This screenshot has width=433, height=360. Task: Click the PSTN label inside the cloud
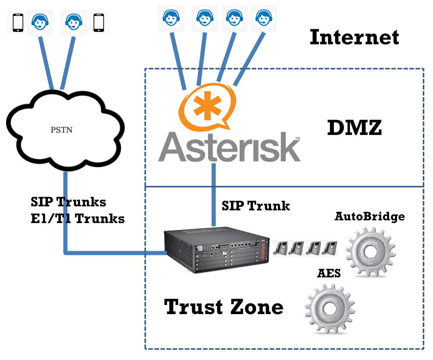(61, 130)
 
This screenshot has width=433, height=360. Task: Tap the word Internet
(355, 38)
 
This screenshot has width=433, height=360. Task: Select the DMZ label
(355, 128)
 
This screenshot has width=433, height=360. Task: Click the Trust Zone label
(224, 307)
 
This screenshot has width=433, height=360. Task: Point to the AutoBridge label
(370, 217)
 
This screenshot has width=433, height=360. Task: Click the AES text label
(329, 274)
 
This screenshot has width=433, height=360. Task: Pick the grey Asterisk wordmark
(229, 148)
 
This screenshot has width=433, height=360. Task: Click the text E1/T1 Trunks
(78, 219)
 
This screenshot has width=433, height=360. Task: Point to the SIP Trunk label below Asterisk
(256, 206)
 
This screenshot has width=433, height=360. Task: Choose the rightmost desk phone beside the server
(330, 248)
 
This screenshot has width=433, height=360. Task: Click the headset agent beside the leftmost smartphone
(39, 22)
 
